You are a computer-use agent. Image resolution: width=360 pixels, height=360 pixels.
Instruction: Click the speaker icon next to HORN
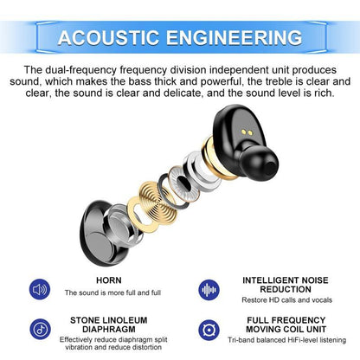(40, 288)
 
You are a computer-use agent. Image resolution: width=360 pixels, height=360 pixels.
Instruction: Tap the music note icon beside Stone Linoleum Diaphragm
(40, 330)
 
